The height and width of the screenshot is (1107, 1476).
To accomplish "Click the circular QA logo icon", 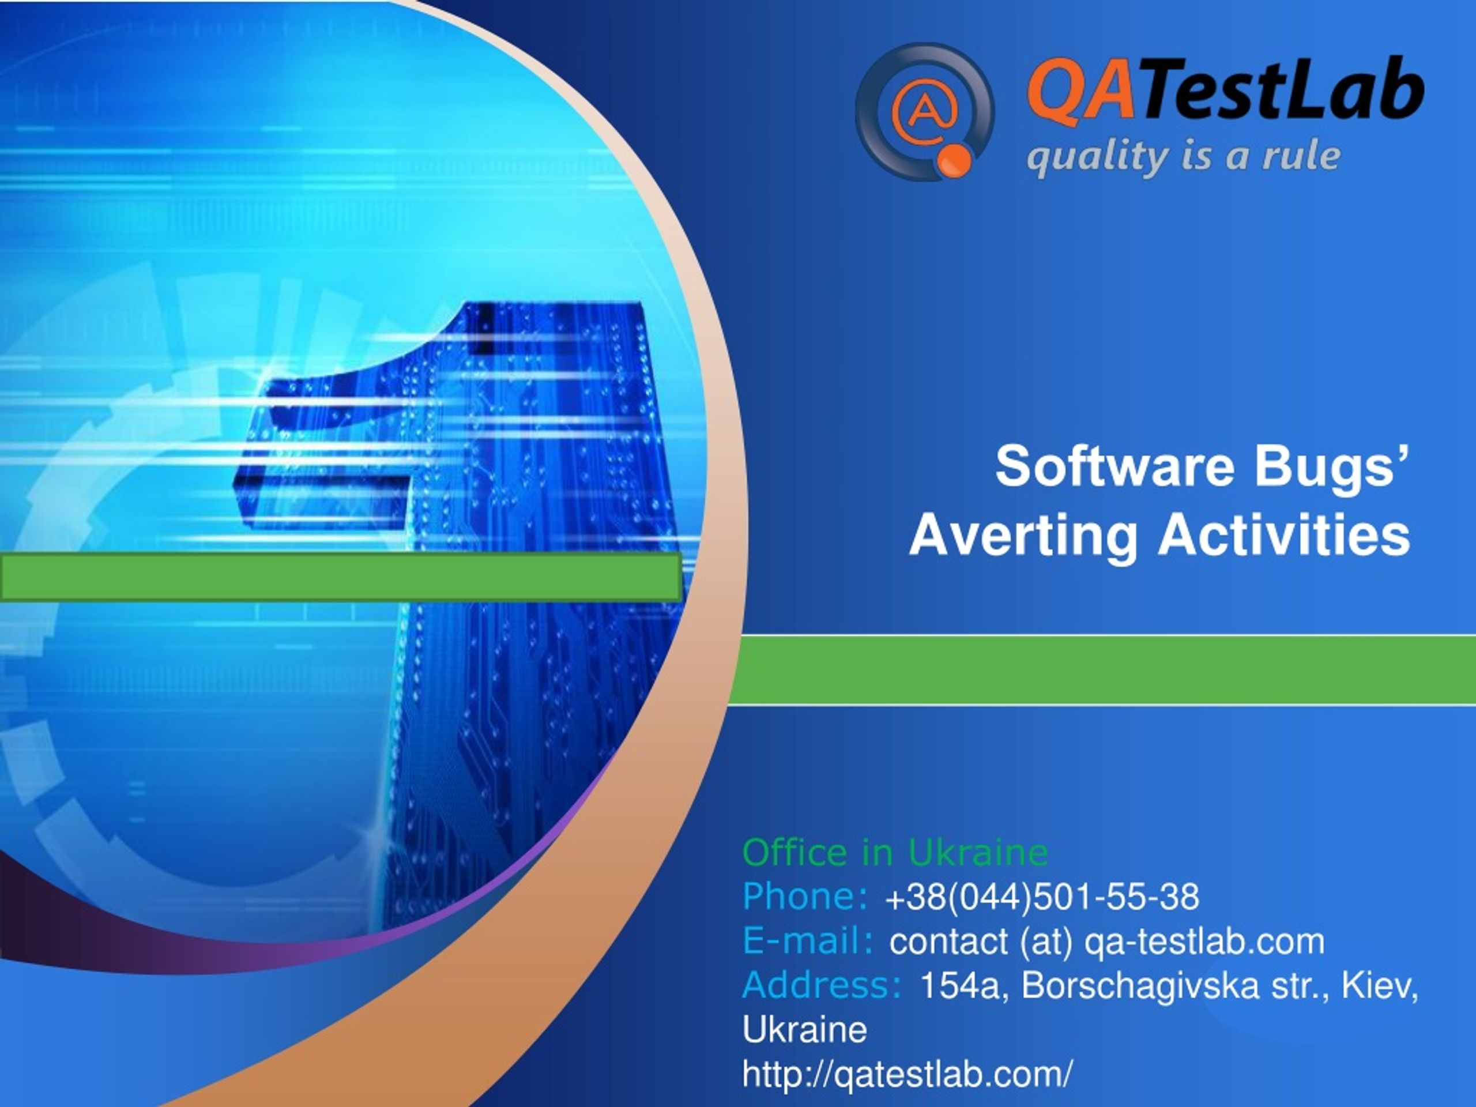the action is (x=925, y=111).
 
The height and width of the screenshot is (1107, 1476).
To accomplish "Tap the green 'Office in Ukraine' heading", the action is (x=895, y=853).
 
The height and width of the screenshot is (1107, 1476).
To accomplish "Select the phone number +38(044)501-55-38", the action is (x=1042, y=897).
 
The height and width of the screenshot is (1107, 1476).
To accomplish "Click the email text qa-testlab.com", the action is (x=1204, y=942).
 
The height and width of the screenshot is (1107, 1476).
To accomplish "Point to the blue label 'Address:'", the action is (x=822, y=985).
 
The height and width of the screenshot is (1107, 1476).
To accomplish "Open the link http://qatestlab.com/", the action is (x=908, y=1074).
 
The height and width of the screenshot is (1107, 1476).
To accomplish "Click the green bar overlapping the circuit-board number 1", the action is (x=341, y=577).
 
